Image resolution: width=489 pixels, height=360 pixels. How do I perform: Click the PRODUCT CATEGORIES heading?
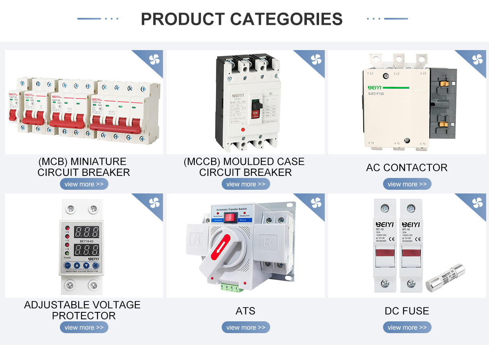click(x=242, y=19)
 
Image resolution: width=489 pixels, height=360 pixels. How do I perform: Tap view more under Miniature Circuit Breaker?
click(x=84, y=184)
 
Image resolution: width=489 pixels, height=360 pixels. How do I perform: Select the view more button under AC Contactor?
click(x=407, y=184)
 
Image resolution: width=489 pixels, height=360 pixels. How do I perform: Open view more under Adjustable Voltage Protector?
click(x=84, y=327)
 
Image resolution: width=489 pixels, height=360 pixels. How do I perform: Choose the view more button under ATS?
click(x=246, y=327)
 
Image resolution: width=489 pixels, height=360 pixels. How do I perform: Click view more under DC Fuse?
click(x=407, y=327)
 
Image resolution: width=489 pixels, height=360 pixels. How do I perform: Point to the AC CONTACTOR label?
click(x=407, y=167)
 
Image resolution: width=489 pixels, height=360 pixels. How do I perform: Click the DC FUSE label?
click(x=407, y=311)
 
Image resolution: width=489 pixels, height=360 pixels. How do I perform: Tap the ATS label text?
click(x=245, y=311)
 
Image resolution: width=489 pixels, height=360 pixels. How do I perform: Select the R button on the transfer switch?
click(x=268, y=243)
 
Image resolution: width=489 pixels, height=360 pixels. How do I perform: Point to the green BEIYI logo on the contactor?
click(x=375, y=88)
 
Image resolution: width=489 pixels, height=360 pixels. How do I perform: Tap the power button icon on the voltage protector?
click(x=96, y=266)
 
